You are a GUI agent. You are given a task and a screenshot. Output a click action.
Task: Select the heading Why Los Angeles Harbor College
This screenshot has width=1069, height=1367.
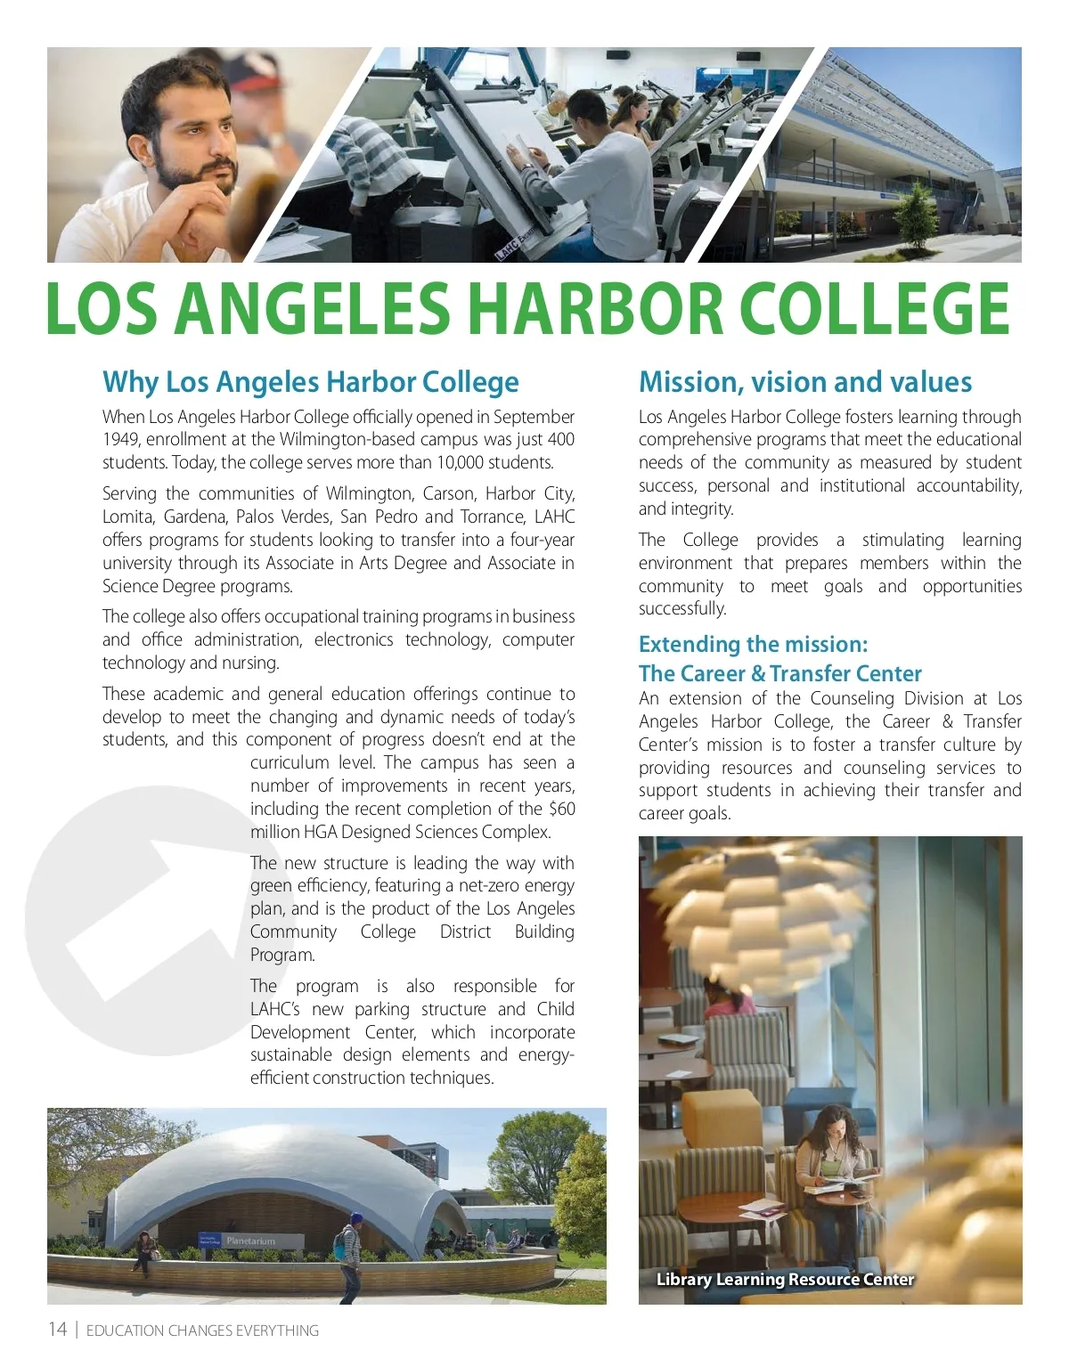310,382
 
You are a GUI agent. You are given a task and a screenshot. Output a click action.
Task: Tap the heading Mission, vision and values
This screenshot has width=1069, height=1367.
804,382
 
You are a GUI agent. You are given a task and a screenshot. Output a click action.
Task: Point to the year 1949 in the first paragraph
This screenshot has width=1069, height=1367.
120,440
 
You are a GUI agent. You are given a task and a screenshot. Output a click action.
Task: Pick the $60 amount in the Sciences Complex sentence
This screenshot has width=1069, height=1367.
561,810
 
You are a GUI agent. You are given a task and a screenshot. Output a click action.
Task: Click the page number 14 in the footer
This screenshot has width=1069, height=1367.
58,1330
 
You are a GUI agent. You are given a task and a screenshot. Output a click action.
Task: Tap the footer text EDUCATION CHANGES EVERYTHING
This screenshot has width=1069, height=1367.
202,1330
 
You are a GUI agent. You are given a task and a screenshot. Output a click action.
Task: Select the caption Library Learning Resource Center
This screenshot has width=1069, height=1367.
785,1280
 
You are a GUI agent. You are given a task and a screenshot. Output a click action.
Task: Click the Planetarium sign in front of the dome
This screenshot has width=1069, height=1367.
250,1241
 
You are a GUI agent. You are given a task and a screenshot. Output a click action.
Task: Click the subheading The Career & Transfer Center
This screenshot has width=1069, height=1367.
779,674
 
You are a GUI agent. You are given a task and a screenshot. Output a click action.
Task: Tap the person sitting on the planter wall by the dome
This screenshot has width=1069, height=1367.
143,1249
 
